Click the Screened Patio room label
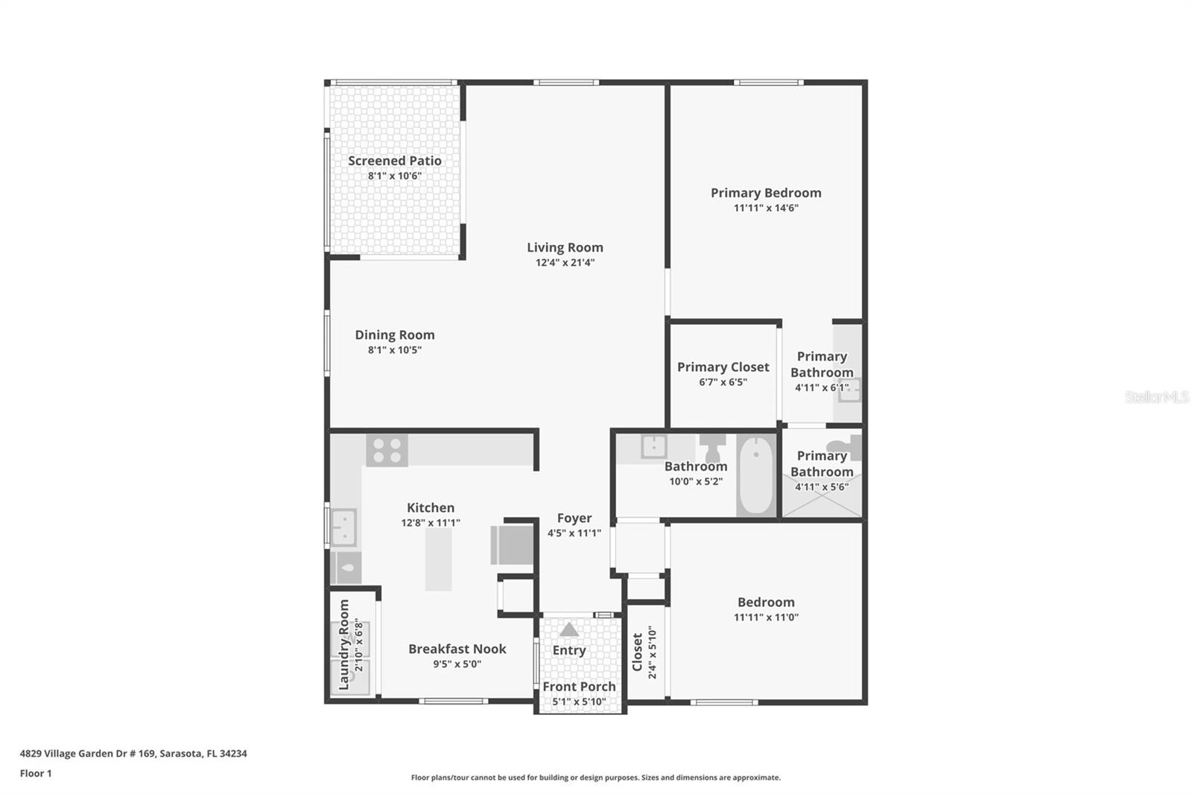[x=395, y=161]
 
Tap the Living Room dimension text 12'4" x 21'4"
[x=565, y=262]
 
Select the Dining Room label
[x=395, y=334]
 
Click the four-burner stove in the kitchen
[x=387, y=450]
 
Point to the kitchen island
[x=439, y=559]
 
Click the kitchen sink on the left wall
[x=343, y=527]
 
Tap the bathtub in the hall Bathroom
[x=755, y=475]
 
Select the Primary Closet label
[x=723, y=367]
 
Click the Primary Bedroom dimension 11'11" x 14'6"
[x=767, y=208]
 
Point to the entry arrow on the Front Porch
[x=569, y=630]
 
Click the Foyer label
[x=574, y=518]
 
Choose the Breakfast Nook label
[x=457, y=649]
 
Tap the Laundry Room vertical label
[x=344, y=644]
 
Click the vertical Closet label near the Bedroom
[x=638, y=652]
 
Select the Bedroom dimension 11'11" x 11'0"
[x=767, y=617]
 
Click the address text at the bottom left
[x=133, y=754]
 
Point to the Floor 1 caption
[x=36, y=773]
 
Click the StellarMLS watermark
[x=1157, y=397]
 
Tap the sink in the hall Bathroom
[x=654, y=446]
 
